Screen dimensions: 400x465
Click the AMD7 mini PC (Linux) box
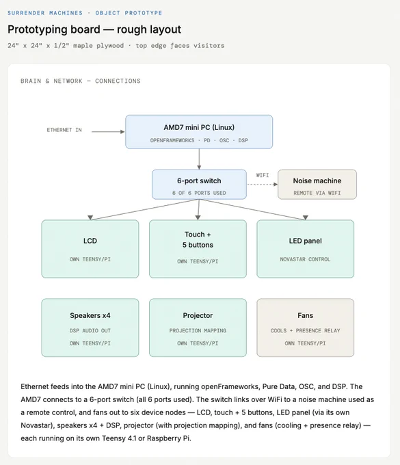click(x=199, y=132)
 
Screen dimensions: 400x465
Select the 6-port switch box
click(x=199, y=185)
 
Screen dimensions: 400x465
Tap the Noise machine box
click(x=317, y=185)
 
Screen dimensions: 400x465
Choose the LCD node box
click(x=90, y=249)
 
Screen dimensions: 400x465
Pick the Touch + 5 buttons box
click(x=198, y=249)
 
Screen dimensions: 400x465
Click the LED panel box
click(x=306, y=249)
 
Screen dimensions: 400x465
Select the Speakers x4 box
click(x=90, y=328)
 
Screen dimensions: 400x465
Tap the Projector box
click(x=198, y=328)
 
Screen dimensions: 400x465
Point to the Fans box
click(x=306, y=328)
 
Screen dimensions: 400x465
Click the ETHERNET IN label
click(x=64, y=130)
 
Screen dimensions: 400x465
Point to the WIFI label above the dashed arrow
click(x=263, y=175)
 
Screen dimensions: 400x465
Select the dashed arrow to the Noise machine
click(x=262, y=185)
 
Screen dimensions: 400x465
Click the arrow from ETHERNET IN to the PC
click(x=108, y=132)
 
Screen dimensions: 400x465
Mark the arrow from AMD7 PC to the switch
click(x=199, y=159)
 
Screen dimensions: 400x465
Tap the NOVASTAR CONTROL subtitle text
click(x=305, y=259)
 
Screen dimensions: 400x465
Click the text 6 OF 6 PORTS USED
click(x=199, y=193)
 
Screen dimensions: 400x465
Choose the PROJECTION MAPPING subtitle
click(x=198, y=331)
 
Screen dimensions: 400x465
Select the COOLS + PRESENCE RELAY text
click(x=305, y=331)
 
